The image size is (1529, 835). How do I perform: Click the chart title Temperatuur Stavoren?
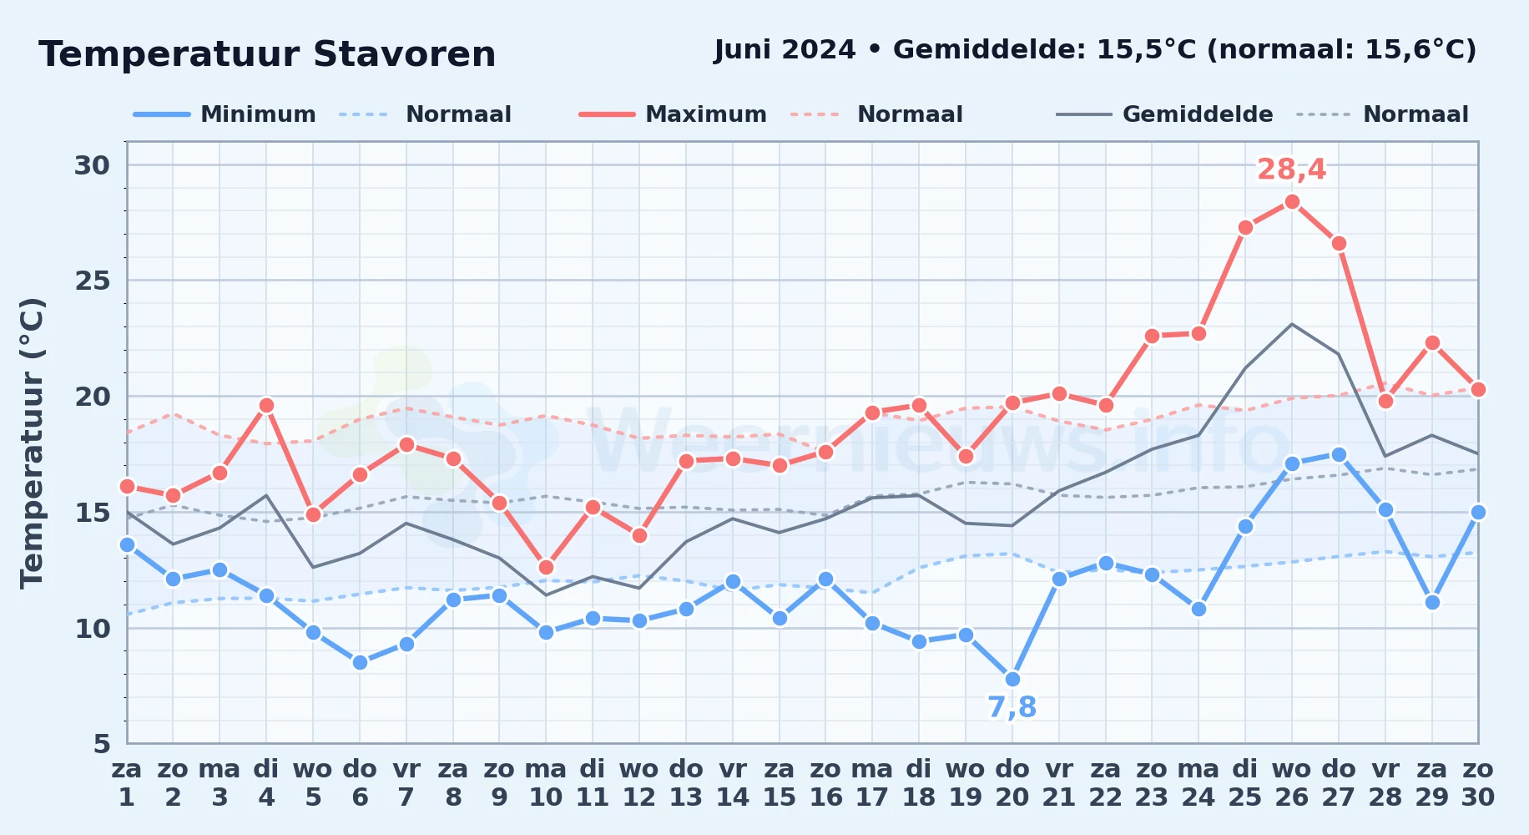(267, 54)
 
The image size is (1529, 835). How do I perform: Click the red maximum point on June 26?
(1292, 202)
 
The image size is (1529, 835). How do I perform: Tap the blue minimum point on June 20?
(1012, 680)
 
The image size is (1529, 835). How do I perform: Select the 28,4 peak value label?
(1291, 170)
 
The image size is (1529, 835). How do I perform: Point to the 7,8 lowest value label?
(1012, 707)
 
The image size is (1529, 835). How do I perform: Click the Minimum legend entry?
(225, 114)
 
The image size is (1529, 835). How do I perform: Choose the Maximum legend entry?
(673, 114)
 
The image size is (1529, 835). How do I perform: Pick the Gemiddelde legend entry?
(1164, 114)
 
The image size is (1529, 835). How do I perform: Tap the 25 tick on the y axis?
(93, 281)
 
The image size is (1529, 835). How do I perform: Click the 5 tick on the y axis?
(102, 744)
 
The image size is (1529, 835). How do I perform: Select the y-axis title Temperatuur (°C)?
(32, 443)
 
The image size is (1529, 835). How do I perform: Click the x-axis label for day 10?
(546, 783)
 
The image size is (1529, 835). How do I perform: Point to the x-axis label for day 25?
(1244, 783)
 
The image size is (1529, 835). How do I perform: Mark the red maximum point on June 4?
(266, 406)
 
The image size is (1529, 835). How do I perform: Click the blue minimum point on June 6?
(360, 663)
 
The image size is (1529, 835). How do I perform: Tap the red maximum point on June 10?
(546, 568)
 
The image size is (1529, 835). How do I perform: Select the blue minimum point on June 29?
(1432, 603)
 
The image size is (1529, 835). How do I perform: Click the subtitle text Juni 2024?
(785, 50)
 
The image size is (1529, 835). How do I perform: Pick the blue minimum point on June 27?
(1339, 455)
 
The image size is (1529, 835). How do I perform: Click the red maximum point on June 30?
(1478, 390)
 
